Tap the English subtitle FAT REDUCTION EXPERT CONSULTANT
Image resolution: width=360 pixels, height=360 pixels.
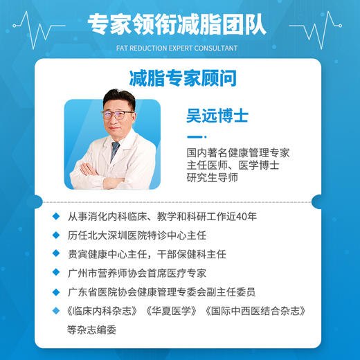(x=180, y=48)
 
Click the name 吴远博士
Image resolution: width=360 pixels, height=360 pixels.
(x=215, y=114)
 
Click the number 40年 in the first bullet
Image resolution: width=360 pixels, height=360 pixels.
(x=246, y=217)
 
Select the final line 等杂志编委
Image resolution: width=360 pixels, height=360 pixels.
(x=92, y=330)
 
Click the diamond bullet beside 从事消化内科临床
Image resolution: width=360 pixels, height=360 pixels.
(x=56, y=217)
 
